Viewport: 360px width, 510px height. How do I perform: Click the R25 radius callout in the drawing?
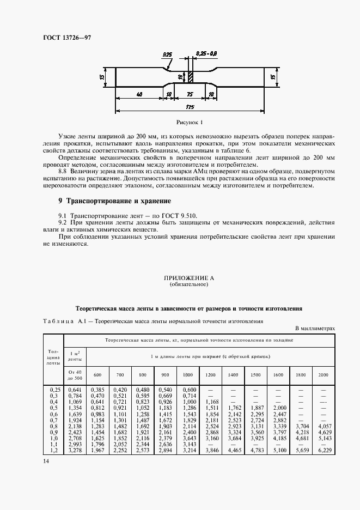pyautogui.click(x=168, y=54)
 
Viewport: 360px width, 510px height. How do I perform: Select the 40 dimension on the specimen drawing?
pyautogui.click(x=139, y=94)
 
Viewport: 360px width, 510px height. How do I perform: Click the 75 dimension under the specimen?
pyautogui.click(x=190, y=94)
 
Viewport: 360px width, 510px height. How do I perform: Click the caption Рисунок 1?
pyautogui.click(x=189, y=123)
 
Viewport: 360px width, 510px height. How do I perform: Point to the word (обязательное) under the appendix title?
pyautogui.click(x=189, y=284)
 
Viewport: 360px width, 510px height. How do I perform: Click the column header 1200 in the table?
pyautogui.click(x=210, y=375)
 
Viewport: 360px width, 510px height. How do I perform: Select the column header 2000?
pyautogui.click(x=323, y=375)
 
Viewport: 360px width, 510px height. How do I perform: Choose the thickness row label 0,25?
pyautogui.click(x=54, y=390)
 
